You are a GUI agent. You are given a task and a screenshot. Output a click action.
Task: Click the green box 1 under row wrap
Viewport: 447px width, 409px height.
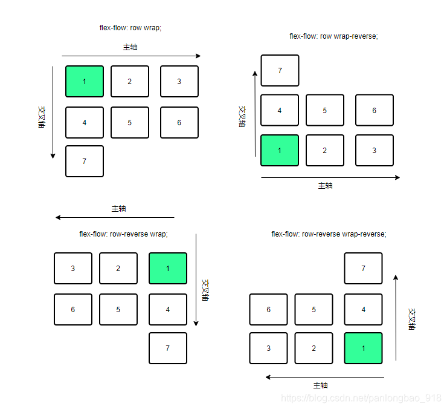tap(85, 81)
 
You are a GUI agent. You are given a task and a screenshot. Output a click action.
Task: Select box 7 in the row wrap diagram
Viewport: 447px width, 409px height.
tap(85, 161)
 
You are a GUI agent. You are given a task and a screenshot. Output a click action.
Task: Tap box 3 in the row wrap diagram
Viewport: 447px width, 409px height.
tap(179, 81)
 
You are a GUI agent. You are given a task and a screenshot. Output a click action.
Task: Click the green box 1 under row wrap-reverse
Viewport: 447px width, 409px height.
tap(280, 150)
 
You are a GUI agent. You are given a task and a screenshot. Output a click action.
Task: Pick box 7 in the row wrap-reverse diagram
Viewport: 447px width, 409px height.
tap(280, 71)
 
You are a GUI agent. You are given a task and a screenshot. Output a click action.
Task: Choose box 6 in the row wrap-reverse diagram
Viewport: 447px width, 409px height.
tap(375, 110)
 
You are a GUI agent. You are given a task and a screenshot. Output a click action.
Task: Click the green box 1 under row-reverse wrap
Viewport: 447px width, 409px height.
tap(168, 268)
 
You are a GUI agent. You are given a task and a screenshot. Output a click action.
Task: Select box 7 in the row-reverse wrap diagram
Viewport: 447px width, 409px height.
tap(168, 348)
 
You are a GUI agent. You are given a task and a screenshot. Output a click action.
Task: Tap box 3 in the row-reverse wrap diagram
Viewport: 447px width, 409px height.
tap(73, 268)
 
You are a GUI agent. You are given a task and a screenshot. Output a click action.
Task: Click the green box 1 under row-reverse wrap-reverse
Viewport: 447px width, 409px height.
tap(363, 348)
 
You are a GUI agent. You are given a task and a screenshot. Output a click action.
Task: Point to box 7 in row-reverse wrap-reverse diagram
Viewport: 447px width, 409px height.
tap(363, 268)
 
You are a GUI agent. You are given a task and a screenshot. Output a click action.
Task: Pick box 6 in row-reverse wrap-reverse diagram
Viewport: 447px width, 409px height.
tap(268, 309)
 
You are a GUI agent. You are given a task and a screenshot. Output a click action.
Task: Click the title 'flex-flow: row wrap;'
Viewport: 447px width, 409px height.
tap(130, 28)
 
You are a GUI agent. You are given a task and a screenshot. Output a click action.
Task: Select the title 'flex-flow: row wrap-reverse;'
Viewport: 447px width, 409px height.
tap(333, 36)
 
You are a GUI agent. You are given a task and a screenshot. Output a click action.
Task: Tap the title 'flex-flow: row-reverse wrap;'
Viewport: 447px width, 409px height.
tap(123, 234)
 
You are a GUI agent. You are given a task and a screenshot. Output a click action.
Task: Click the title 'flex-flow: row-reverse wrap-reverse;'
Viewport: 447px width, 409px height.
tap(329, 234)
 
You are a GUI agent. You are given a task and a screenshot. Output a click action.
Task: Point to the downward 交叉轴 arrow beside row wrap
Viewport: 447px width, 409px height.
tap(53, 109)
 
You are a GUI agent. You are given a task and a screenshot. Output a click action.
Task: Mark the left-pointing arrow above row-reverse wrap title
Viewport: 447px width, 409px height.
tap(115, 217)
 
